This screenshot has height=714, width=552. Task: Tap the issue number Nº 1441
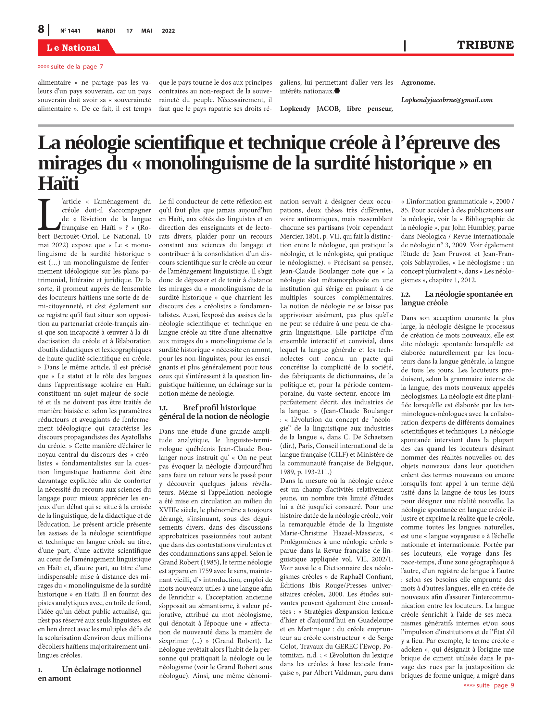70,31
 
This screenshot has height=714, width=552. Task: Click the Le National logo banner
73,48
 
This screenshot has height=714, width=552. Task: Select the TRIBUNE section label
485,45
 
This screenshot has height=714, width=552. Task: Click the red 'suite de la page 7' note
70,67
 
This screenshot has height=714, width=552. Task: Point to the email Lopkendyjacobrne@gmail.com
447,100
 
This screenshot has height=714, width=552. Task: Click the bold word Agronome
418,83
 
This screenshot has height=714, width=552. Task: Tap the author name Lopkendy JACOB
310,109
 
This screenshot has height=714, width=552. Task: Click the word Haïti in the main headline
58,183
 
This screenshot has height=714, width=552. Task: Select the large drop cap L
48,215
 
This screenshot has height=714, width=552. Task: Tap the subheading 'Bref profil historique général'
214,412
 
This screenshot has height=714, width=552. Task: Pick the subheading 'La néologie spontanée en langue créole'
457,298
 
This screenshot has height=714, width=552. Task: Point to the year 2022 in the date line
168,31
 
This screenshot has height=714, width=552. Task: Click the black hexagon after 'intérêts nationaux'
337,91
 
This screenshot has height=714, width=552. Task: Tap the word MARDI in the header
106,31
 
